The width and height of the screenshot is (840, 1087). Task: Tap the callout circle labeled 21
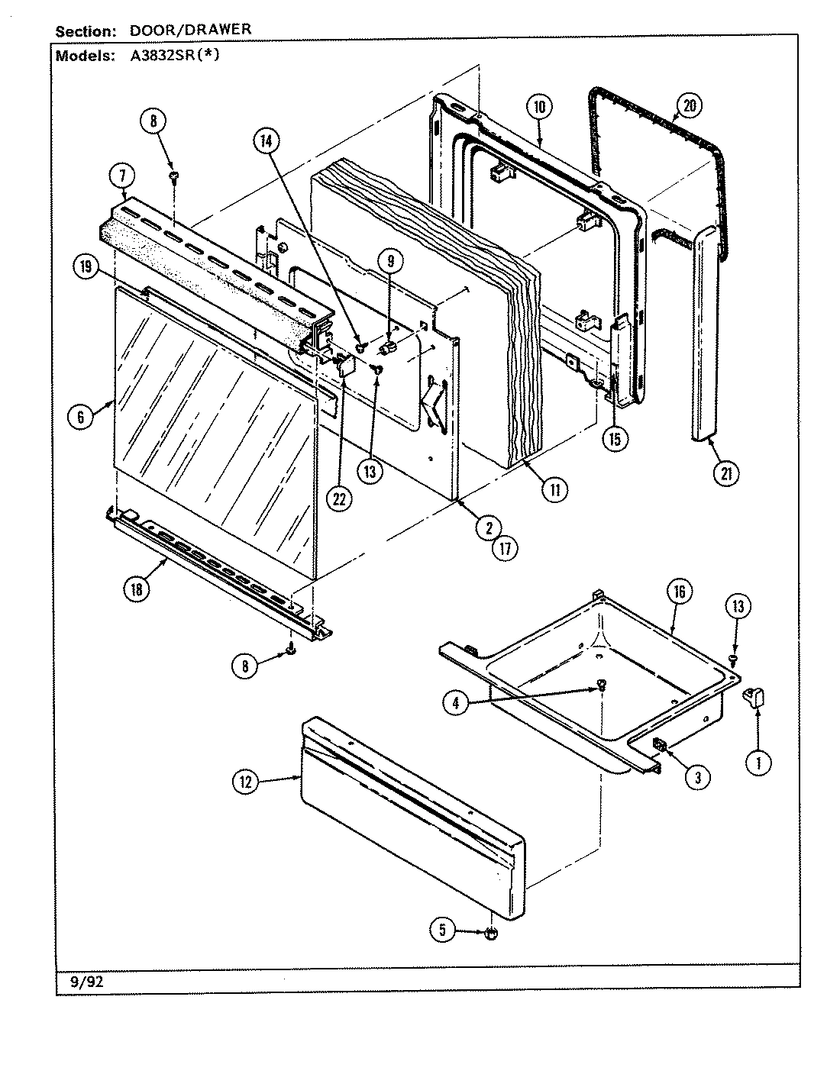[x=726, y=473]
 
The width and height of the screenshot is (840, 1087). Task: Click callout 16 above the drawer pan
[x=680, y=591]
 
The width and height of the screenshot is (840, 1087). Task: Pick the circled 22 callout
[x=339, y=498]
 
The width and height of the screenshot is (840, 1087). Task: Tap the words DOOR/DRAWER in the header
[x=188, y=31]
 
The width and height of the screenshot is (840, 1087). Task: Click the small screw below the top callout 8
[x=174, y=177]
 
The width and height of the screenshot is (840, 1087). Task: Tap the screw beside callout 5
[x=491, y=933]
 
